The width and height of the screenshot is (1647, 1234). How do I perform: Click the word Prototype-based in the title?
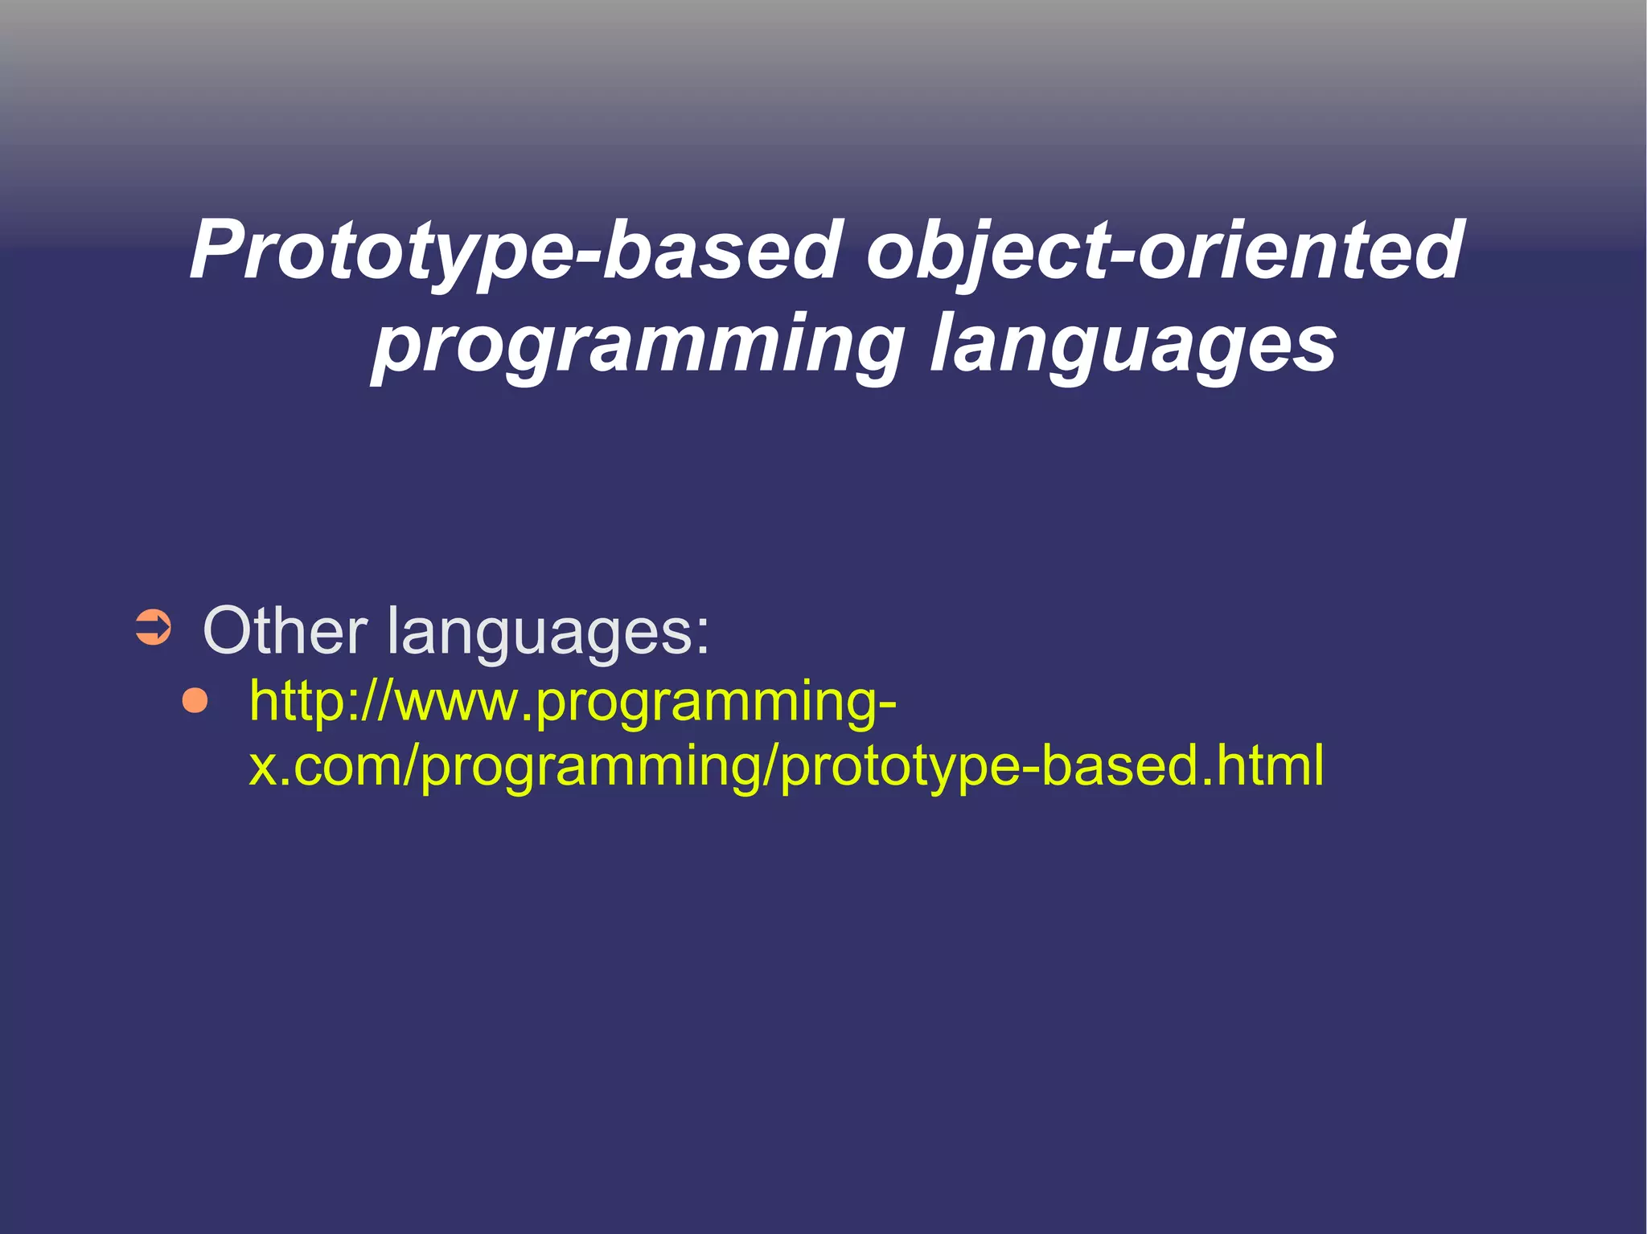pyautogui.click(x=515, y=251)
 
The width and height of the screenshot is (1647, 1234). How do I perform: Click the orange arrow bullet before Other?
pyautogui.click(x=153, y=628)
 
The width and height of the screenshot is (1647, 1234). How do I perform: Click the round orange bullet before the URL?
pyautogui.click(x=195, y=700)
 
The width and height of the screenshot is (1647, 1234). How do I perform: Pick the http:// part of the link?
pyautogui.click(x=322, y=700)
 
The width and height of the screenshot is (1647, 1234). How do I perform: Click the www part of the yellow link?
pyautogui.click(x=458, y=702)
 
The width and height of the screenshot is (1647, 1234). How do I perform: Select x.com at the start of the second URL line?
pyautogui.click(x=322, y=765)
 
